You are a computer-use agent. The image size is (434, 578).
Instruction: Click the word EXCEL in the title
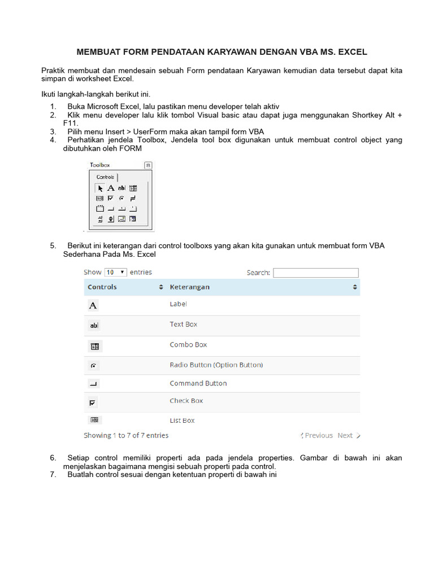pyautogui.click(x=353, y=52)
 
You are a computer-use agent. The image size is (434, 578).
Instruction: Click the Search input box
pyautogui.click(x=316, y=273)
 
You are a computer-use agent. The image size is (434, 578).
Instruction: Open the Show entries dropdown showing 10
pyautogui.click(x=116, y=272)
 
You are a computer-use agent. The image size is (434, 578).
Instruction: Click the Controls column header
pyautogui.click(x=102, y=287)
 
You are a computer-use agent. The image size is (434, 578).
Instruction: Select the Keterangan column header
pyautogui.click(x=189, y=287)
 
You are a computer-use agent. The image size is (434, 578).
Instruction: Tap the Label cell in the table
pyautogui.click(x=178, y=304)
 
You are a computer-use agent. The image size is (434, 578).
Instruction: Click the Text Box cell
pyautogui.click(x=183, y=324)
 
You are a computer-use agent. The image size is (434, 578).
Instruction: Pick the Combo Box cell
pyautogui.click(x=188, y=344)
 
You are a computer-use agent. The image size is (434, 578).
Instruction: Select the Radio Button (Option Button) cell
pyautogui.click(x=216, y=365)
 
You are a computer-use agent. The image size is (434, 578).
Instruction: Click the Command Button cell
pyautogui.click(x=198, y=383)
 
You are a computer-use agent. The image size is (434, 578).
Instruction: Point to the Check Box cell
pyautogui.click(x=186, y=401)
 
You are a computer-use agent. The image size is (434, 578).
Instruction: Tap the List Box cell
pyautogui.click(x=182, y=421)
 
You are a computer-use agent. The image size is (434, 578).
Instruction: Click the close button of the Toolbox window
pyautogui.click(x=147, y=165)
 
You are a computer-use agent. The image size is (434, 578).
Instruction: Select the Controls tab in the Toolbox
pyautogui.click(x=105, y=177)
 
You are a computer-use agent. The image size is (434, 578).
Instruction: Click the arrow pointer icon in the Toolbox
pyautogui.click(x=101, y=189)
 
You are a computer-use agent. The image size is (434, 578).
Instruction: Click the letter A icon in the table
pyautogui.click(x=93, y=305)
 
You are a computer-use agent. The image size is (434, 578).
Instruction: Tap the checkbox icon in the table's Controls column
pyautogui.click(x=93, y=402)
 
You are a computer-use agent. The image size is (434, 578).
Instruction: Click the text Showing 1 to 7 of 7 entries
pyautogui.click(x=126, y=435)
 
